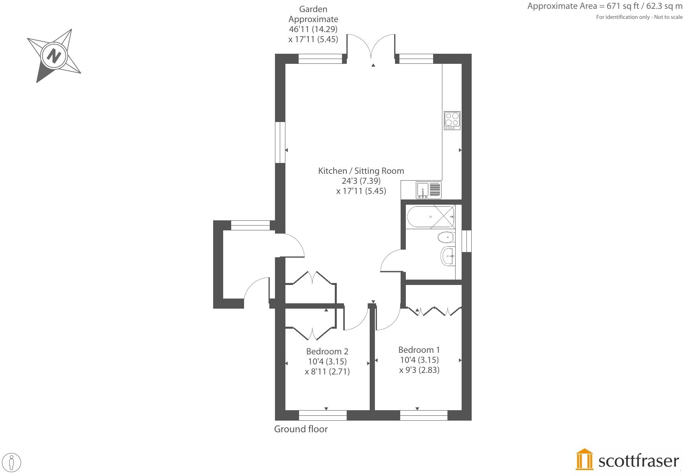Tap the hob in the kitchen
(x=452, y=120)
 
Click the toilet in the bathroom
(x=446, y=238)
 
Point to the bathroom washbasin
(x=448, y=256)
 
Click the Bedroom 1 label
(x=419, y=350)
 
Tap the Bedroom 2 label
(x=327, y=351)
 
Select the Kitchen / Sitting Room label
(x=361, y=171)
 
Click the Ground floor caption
(x=301, y=429)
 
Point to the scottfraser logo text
(x=638, y=461)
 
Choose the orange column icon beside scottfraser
(x=584, y=459)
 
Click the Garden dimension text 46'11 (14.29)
(x=313, y=29)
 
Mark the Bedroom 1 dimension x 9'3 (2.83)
(x=419, y=370)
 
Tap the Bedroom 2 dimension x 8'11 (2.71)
(x=327, y=372)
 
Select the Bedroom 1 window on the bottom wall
(x=423, y=415)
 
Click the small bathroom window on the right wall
(x=466, y=241)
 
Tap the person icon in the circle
(x=12, y=462)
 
